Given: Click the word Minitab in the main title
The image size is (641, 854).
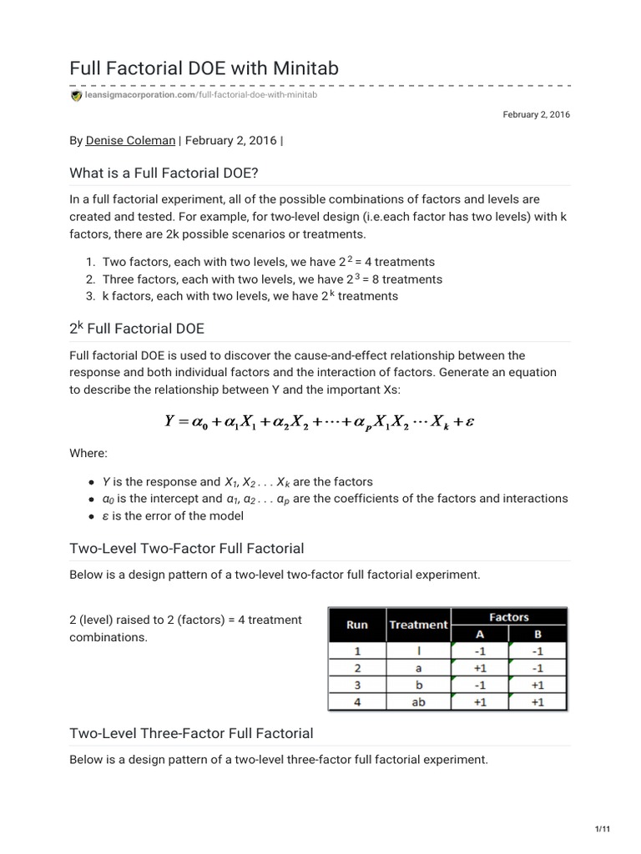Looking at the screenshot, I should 305,68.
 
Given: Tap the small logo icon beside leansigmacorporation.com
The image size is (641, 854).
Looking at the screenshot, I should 77,96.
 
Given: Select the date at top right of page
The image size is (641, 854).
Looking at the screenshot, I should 536,114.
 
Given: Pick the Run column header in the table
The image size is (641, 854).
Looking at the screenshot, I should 357,624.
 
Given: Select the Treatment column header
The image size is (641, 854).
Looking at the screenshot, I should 418,624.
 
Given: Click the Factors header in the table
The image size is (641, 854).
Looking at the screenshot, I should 509,617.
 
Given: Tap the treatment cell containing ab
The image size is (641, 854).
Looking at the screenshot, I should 418,701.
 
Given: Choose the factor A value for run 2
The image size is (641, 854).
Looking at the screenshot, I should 479,667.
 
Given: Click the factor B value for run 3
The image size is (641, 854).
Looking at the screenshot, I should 538,685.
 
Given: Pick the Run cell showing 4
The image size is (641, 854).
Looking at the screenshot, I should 357,701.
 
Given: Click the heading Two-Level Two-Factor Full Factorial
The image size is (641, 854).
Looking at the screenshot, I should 187,548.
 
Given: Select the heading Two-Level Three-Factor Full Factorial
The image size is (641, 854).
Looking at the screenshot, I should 192,733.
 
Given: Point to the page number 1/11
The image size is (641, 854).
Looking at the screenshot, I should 603,827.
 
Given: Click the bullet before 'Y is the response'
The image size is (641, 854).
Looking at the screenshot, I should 91,482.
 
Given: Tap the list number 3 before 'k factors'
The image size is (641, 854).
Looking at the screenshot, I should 89,296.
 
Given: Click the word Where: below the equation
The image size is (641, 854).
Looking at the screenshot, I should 88,453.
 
